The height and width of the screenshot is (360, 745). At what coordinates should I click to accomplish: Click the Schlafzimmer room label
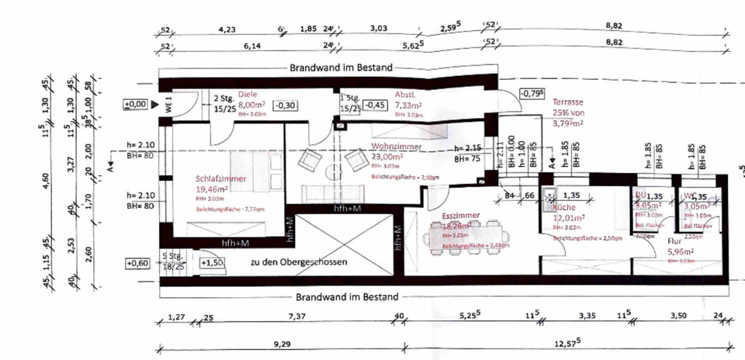point(221,179)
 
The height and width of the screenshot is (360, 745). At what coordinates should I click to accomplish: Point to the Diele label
point(248,94)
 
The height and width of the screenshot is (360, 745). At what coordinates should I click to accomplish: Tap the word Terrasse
point(570,102)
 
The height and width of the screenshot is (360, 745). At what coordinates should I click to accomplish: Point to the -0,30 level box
point(286,105)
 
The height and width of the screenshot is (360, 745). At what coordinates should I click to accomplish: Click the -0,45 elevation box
point(376,105)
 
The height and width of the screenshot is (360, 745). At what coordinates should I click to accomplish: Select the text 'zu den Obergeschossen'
point(298,262)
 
